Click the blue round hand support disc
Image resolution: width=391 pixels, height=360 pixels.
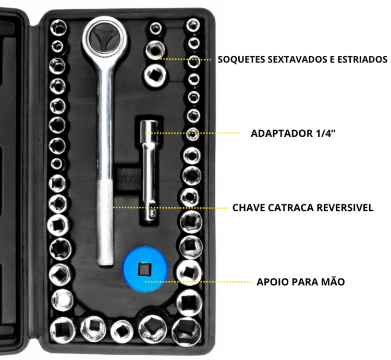click(145, 269)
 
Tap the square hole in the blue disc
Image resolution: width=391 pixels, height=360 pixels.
click(144, 269)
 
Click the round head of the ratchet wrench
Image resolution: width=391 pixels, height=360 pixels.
click(105, 38)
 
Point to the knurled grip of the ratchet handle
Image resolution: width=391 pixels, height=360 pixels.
click(105, 222)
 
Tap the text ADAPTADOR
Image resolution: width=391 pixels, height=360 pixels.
click(282, 134)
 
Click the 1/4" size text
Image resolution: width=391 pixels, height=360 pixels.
click(325, 134)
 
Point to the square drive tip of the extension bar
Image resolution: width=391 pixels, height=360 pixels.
click(150, 213)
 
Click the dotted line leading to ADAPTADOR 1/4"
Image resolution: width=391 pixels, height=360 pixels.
click(192, 133)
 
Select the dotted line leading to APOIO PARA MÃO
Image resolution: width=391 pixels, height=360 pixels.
click(198, 282)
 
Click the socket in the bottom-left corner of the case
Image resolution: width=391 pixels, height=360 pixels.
click(63, 330)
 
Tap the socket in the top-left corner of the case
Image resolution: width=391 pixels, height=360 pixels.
click(58, 28)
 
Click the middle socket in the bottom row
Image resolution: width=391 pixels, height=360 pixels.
click(122, 331)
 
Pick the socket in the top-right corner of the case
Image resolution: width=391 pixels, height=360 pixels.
click(193, 25)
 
